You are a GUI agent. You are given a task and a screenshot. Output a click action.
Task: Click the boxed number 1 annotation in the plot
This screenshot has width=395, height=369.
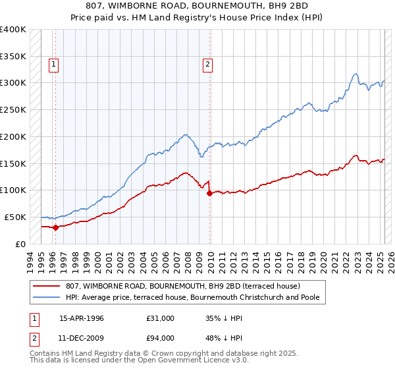pyautogui.click(x=53, y=64)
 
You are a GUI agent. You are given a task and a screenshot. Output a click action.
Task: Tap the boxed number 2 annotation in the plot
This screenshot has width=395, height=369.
pyautogui.click(x=207, y=64)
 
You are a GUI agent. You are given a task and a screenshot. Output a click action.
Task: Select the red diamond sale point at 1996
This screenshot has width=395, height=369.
pyautogui.click(x=55, y=227)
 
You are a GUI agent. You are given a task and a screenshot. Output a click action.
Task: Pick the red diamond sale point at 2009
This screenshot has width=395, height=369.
pyautogui.click(x=209, y=194)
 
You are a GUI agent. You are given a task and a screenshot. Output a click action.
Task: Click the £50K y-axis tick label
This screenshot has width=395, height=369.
pyautogui.click(x=15, y=217)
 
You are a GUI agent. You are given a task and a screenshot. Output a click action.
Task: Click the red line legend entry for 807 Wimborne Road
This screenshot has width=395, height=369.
pyautogui.click(x=183, y=286)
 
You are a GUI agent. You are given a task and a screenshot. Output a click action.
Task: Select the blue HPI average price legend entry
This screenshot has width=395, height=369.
pyautogui.click(x=192, y=297)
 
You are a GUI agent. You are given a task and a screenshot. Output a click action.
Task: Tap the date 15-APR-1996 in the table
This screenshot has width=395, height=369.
pyautogui.click(x=82, y=318)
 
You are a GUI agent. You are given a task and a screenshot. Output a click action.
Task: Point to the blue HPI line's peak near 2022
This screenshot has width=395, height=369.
pyautogui.click(x=355, y=73)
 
